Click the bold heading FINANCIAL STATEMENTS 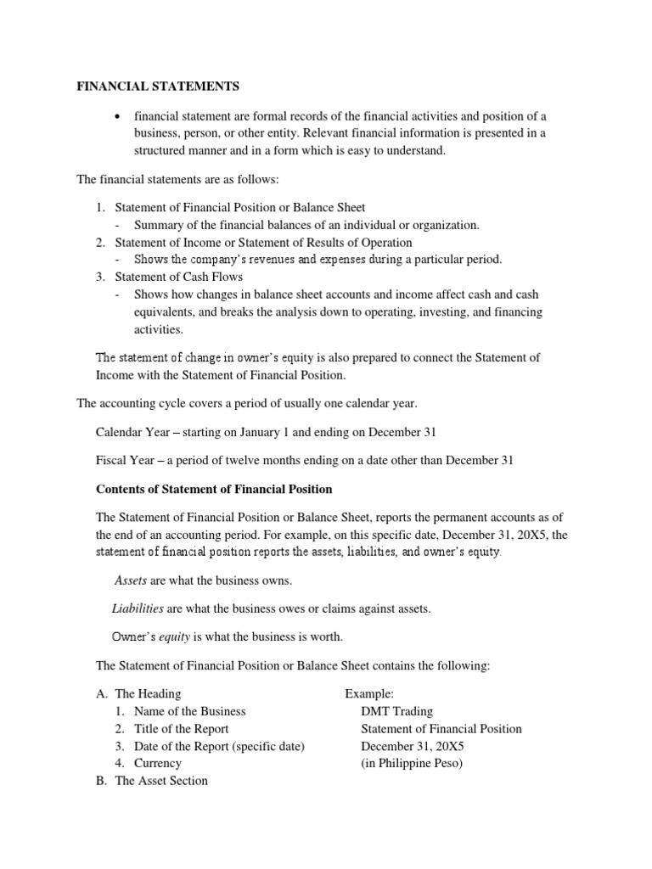(158, 87)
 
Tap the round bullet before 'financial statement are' (118, 116)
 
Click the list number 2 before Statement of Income (99, 243)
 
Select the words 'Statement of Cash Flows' (178, 277)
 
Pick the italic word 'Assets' (131, 580)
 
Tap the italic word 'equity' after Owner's (177, 636)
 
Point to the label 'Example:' (369, 694)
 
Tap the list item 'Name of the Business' (190, 711)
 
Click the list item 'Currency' (158, 763)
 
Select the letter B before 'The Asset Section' (101, 781)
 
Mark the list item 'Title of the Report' (182, 728)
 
